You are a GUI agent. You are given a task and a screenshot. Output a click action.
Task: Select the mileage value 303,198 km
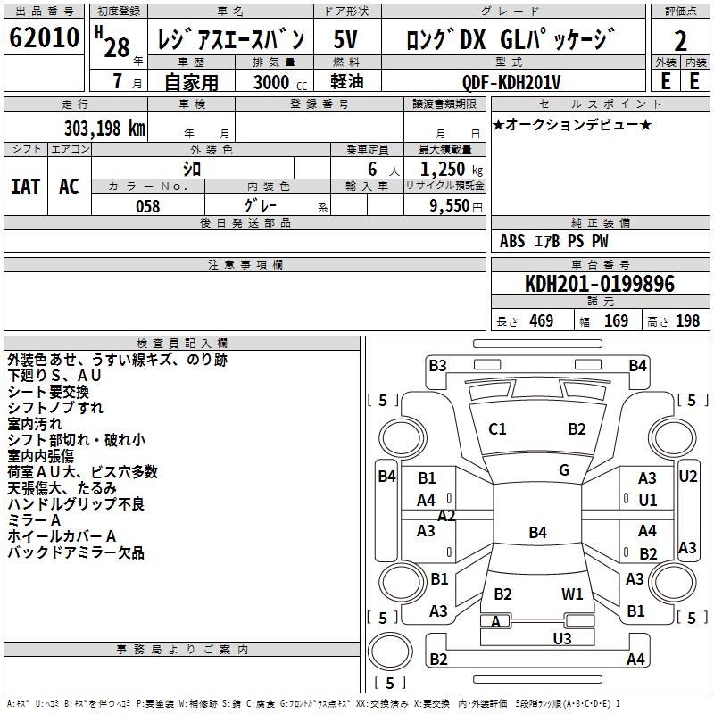[104, 128]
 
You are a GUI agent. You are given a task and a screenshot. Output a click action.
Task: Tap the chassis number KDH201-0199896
[599, 284]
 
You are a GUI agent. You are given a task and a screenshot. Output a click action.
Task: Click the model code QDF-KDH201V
[511, 81]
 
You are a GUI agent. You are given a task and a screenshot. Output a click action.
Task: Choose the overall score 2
[680, 40]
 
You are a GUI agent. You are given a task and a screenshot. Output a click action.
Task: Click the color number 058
[147, 206]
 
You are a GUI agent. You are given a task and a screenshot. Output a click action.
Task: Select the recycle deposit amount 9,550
[452, 206]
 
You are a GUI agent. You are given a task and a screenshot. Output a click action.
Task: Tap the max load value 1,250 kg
[445, 170]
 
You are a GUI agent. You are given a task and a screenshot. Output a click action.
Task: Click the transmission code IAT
[25, 186]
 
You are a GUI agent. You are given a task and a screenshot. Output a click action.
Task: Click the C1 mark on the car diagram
[497, 429]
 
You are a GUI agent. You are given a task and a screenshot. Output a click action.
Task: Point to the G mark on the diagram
[563, 470]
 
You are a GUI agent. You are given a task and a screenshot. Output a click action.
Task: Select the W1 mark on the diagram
[572, 594]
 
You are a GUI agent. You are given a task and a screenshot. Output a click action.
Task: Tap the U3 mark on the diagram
[561, 637]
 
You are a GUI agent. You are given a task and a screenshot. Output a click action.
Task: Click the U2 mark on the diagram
[687, 477]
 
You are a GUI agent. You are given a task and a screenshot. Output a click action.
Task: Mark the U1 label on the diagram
[647, 501]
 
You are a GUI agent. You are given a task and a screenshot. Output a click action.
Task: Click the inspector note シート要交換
[48, 392]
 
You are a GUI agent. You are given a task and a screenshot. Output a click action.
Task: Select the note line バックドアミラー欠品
[76, 552]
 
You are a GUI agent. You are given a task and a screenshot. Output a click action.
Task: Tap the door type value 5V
[347, 40]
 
